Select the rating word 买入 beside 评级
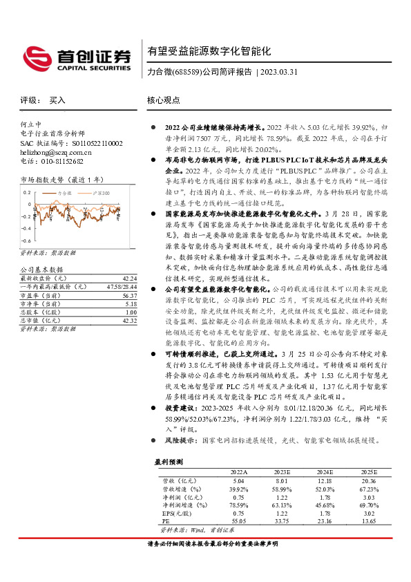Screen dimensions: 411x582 click(57, 100)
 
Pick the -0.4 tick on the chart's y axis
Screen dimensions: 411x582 click(26, 216)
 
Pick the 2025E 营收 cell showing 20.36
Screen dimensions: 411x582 click(368, 479)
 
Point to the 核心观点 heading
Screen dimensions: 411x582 click(164, 100)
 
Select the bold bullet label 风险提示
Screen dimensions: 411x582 click(180, 440)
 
